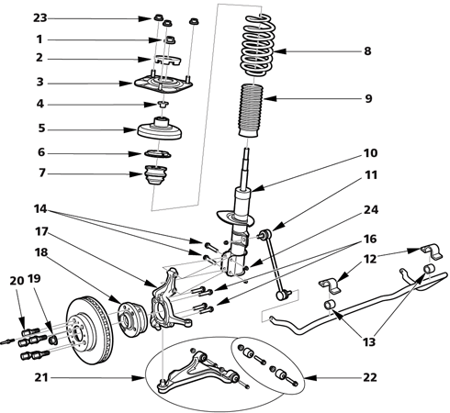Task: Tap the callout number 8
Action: (366, 51)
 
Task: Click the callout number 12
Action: (370, 260)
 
